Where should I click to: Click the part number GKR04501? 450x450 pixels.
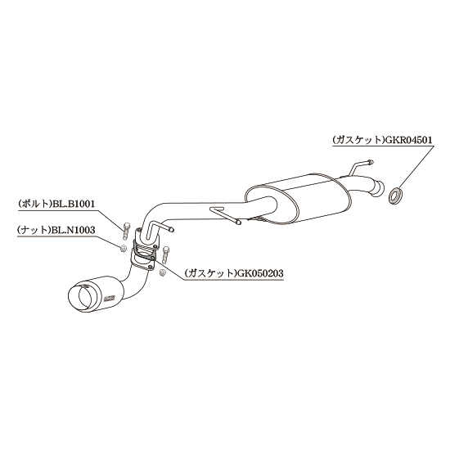(408, 140)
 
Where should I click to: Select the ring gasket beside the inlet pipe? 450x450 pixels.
(395, 196)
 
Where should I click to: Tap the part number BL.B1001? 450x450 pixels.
(73, 204)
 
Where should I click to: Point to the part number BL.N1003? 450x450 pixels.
(73, 230)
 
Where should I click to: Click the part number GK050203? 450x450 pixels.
(259, 273)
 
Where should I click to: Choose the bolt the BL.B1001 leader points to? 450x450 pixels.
(126, 232)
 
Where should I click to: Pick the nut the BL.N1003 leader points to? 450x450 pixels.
(124, 248)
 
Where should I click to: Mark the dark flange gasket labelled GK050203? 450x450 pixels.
(144, 250)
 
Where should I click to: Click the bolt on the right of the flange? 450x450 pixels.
(165, 255)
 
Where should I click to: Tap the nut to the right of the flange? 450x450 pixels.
(163, 273)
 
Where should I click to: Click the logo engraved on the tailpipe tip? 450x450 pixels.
(110, 299)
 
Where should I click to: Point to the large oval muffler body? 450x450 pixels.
(299, 200)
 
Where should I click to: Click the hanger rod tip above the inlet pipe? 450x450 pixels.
(371, 162)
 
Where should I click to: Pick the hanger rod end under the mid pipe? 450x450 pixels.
(237, 222)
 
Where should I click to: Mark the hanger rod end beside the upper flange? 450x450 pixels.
(171, 230)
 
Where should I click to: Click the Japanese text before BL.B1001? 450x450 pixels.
(34, 204)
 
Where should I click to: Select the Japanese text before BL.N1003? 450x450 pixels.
(34, 230)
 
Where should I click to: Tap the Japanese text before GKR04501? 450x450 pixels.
(358, 140)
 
